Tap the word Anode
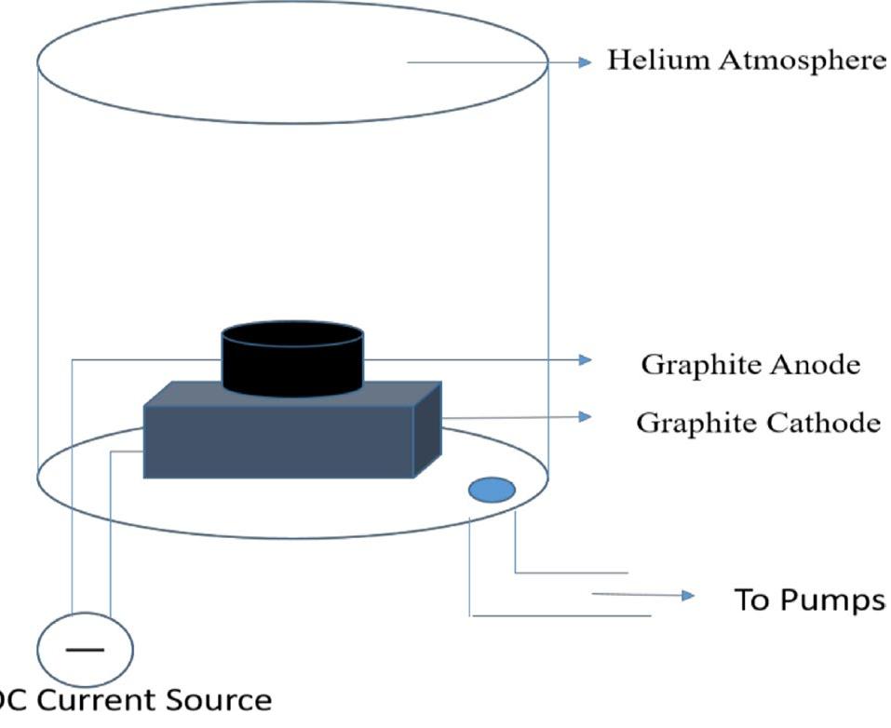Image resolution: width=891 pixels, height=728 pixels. click(817, 365)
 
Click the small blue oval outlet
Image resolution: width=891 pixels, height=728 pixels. click(492, 490)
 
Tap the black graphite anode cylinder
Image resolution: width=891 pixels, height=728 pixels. click(292, 368)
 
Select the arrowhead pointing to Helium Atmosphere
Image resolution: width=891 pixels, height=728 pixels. click(585, 62)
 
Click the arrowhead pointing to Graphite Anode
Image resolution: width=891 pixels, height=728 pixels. click(585, 359)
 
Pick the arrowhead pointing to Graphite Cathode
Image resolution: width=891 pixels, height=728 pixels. click(585, 416)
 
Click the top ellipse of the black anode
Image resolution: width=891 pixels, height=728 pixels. click(292, 333)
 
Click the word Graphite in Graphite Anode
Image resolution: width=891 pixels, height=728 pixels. click(698, 365)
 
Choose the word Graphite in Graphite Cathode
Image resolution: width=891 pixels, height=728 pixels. click(694, 423)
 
